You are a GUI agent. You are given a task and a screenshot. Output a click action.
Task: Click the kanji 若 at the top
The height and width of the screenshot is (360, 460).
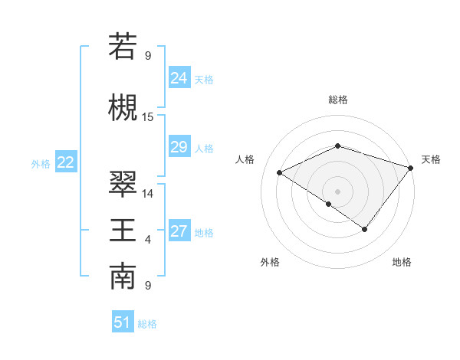click(x=123, y=46)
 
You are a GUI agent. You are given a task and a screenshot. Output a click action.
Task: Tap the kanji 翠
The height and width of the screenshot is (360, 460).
click(x=123, y=184)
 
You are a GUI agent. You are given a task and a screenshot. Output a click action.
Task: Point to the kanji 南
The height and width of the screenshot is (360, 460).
click(x=123, y=277)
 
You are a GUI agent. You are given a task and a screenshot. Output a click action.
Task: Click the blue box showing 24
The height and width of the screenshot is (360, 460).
click(x=179, y=77)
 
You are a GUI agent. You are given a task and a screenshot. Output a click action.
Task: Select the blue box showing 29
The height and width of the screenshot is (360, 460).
click(x=179, y=147)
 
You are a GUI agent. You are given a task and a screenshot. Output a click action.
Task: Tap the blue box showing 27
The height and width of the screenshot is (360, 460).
click(x=179, y=231)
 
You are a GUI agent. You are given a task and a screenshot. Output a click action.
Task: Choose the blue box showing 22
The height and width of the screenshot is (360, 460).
click(x=66, y=162)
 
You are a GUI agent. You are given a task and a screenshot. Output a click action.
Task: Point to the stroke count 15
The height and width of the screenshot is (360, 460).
click(x=148, y=117)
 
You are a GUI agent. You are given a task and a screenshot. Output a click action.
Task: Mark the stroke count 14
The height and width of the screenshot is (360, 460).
click(x=148, y=194)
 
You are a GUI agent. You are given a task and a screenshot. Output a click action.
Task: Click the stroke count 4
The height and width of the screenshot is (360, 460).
click(x=148, y=241)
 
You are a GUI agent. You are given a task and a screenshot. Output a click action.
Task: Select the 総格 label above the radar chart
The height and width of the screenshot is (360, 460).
click(x=337, y=100)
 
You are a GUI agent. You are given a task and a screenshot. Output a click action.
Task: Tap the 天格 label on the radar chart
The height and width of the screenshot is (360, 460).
click(x=431, y=159)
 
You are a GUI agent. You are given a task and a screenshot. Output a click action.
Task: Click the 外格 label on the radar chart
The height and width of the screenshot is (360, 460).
click(x=270, y=262)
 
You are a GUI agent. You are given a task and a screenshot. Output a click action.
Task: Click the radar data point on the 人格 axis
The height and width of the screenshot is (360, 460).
click(x=280, y=173)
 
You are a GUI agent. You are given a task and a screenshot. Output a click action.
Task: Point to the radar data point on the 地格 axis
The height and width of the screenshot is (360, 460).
click(x=365, y=229)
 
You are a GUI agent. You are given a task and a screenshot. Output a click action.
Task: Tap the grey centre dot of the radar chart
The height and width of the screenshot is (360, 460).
click(x=337, y=191)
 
